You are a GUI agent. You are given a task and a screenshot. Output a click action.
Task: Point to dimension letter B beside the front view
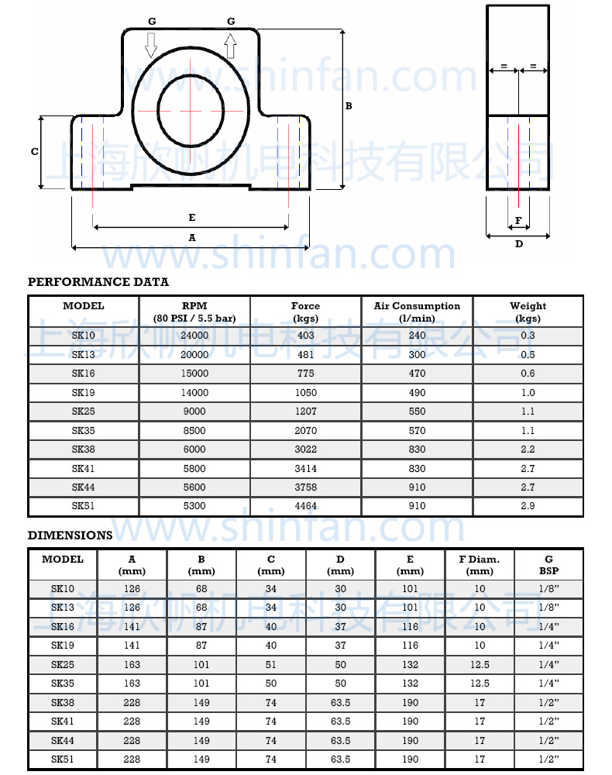pyautogui.click(x=349, y=106)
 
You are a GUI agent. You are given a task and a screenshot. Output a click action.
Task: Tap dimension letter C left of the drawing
pyautogui.click(x=34, y=152)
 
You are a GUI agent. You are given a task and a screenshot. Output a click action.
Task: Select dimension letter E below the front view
pyautogui.click(x=192, y=218)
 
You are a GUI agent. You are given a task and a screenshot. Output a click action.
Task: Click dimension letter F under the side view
pyautogui.click(x=518, y=221)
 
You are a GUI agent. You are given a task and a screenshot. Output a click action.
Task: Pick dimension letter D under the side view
pyautogui.click(x=519, y=244)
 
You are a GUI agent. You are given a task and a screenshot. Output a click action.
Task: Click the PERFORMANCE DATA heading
pyautogui.click(x=98, y=282)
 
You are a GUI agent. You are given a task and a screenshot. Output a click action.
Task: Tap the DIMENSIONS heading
pyautogui.click(x=70, y=536)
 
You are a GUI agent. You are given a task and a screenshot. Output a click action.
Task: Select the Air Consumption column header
pyautogui.click(x=417, y=312)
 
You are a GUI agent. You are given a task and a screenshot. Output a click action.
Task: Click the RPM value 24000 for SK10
pyautogui.click(x=194, y=336)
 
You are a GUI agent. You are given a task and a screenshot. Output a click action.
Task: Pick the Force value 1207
pyautogui.click(x=305, y=412)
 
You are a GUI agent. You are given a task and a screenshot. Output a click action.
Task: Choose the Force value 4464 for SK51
pyautogui.click(x=305, y=507)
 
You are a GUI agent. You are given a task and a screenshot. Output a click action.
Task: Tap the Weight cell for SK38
pyautogui.click(x=528, y=449)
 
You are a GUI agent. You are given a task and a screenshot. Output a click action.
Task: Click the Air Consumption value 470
pyautogui.click(x=417, y=374)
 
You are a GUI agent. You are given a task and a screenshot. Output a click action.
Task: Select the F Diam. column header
pyautogui.click(x=480, y=564)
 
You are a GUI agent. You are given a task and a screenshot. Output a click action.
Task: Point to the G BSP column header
pyautogui.click(x=548, y=564)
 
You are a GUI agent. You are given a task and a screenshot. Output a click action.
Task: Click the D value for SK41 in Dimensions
pyautogui.click(x=340, y=722)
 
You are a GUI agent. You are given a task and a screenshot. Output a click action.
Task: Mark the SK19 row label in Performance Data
pyautogui.click(x=83, y=393)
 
